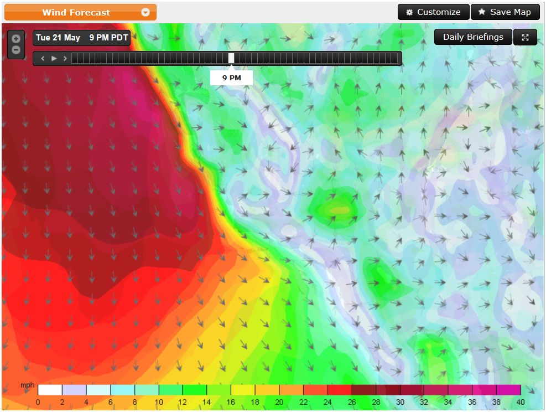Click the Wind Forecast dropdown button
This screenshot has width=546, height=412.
point(80,12)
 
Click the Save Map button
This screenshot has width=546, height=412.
point(505,12)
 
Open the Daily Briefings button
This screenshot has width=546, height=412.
point(473,37)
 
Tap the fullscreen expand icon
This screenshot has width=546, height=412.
point(525,37)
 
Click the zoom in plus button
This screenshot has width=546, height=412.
point(16,39)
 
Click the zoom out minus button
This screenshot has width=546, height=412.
point(16,50)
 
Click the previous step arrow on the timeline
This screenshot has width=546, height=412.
point(43,58)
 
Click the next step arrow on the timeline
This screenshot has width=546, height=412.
point(65,58)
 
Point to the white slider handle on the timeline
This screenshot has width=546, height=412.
point(231,58)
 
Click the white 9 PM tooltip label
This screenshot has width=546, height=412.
point(231,78)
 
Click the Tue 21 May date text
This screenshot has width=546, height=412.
point(58,38)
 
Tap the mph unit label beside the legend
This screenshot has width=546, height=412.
point(27,385)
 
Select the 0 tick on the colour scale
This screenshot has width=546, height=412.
point(38,402)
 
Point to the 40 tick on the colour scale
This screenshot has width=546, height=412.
point(521,402)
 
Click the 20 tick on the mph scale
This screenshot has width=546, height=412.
point(279,402)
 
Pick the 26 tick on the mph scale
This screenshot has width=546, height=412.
point(352,402)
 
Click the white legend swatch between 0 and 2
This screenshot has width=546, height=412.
point(50,390)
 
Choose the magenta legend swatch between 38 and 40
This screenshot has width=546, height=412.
point(508,390)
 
